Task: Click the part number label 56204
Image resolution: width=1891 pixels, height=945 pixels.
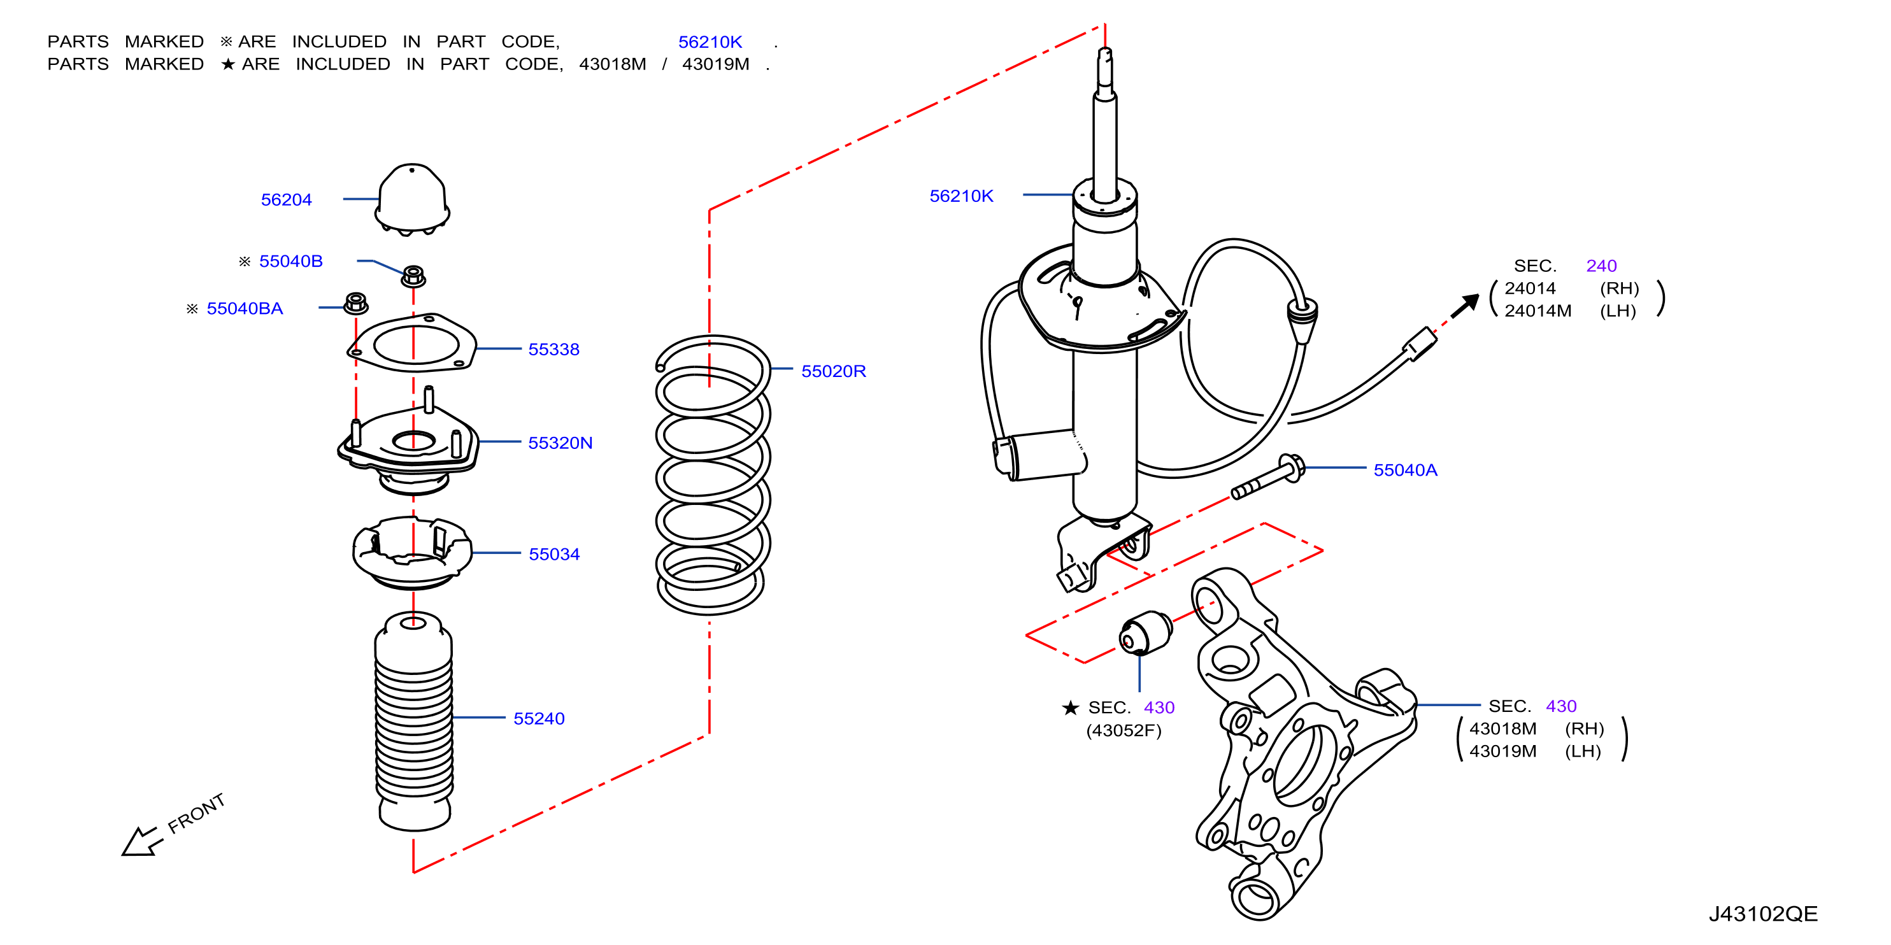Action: point(286,199)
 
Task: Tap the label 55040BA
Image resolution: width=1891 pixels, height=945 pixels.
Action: point(245,308)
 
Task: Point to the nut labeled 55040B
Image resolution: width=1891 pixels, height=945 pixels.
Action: point(413,276)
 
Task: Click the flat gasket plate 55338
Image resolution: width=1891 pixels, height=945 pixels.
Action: point(412,343)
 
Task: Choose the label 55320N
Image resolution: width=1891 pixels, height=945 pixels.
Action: point(560,443)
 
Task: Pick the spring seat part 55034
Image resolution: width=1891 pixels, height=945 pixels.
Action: point(412,553)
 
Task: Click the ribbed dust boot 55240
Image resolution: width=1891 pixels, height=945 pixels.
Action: point(414,721)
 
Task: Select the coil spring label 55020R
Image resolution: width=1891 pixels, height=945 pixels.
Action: point(833,371)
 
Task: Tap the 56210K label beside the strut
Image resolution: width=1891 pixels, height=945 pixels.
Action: point(961,196)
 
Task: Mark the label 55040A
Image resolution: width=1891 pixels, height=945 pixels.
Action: point(1405,471)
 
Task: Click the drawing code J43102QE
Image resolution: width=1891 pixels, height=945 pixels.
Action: point(1762,914)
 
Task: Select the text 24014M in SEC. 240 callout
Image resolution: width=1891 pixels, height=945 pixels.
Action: point(1538,311)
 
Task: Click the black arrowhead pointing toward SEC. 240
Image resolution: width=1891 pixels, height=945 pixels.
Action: point(1467,304)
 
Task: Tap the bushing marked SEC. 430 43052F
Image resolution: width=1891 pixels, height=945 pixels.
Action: point(1146,632)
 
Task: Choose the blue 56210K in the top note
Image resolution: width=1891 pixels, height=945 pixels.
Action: point(710,42)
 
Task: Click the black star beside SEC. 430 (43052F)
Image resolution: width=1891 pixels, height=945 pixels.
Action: point(1070,707)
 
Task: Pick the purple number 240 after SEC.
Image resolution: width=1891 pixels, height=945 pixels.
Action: point(1601,266)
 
